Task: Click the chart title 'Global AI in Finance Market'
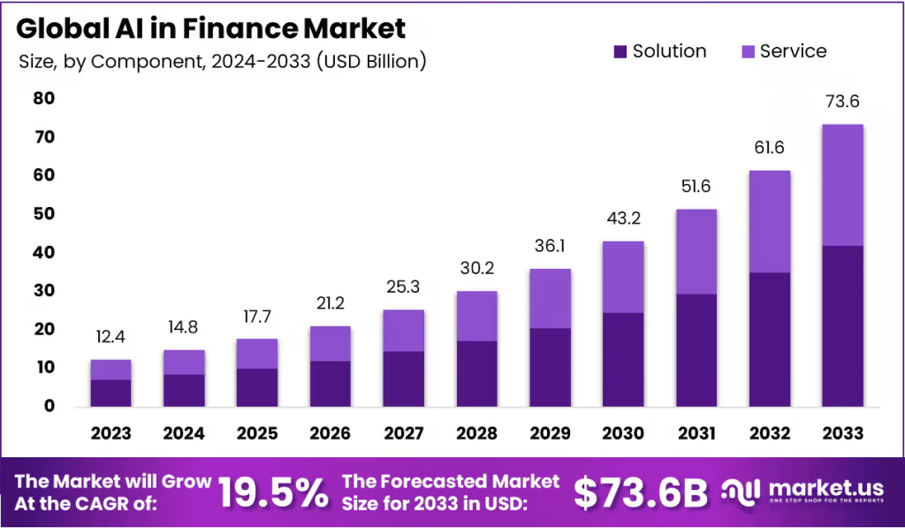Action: pyautogui.click(x=210, y=28)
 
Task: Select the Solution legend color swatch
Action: pyautogui.click(x=620, y=52)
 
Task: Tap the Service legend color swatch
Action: pyautogui.click(x=747, y=52)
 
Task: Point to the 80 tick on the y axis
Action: pyautogui.click(x=44, y=99)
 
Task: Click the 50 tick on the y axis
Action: pyautogui.click(x=44, y=214)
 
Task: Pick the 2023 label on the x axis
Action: pyautogui.click(x=110, y=433)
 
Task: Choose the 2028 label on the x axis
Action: pyautogui.click(x=476, y=433)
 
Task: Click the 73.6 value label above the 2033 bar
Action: pyautogui.click(x=841, y=102)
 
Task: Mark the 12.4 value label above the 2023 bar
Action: pyautogui.click(x=110, y=337)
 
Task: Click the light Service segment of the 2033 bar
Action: pyautogui.click(x=841, y=185)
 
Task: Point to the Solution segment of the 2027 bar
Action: pyautogui.click(x=403, y=379)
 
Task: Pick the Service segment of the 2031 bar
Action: pyautogui.click(x=696, y=251)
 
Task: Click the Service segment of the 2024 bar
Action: pyautogui.click(x=184, y=362)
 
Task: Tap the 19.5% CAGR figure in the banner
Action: pyautogui.click(x=273, y=493)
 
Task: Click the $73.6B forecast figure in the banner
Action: pyautogui.click(x=641, y=493)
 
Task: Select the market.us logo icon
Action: pyautogui.click(x=741, y=493)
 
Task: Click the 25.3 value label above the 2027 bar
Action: pyautogui.click(x=403, y=287)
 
